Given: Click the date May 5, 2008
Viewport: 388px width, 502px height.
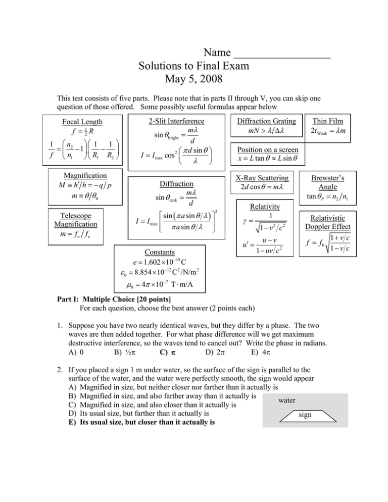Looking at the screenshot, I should (x=195, y=80).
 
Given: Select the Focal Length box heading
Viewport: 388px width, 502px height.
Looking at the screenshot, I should (x=81, y=122).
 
